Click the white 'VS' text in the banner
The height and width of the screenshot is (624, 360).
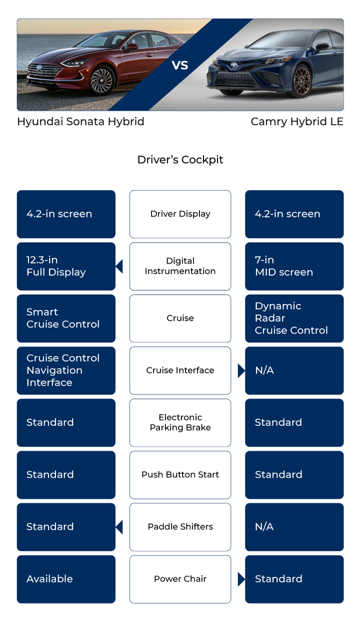(180, 65)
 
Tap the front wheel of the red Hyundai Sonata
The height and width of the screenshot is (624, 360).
(102, 80)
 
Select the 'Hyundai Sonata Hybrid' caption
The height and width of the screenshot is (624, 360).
(80, 122)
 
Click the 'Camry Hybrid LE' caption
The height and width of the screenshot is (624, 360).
(297, 122)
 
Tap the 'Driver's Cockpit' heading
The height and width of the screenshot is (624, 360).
(180, 160)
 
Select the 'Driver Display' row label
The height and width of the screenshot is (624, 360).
(180, 214)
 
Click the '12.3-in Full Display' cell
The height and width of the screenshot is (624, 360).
(66, 266)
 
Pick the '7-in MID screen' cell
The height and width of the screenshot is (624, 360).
(294, 266)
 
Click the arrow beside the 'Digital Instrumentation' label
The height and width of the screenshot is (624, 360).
(119, 266)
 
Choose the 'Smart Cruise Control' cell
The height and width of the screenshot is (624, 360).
(66, 318)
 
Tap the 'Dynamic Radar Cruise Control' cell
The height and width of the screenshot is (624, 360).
(294, 318)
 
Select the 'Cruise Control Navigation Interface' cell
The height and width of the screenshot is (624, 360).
(66, 370)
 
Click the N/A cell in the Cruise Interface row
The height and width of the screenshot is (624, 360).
(294, 370)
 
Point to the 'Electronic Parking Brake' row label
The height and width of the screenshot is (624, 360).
(180, 422)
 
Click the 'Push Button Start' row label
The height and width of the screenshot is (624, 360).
(180, 474)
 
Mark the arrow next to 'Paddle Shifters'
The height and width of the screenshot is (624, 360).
(119, 527)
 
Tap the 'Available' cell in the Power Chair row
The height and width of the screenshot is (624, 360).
(66, 579)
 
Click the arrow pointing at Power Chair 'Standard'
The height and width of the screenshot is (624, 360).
(241, 579)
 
